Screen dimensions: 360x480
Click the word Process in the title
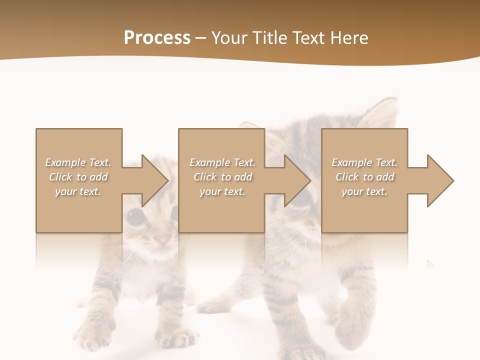click(x=157, y=38)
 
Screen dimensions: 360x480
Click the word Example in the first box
click(x=65, y=162)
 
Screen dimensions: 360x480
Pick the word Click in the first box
click(x=60, y=177)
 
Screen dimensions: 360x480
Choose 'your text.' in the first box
click(x=78, y=191)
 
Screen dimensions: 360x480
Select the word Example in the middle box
click(x=209, y=162)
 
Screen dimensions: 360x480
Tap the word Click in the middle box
click(x=205, y=177)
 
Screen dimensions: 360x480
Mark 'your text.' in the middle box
click(x=222, y=191)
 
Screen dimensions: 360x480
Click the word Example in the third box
click(x=351, y=162)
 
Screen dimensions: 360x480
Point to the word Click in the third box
click(x=347, y=177)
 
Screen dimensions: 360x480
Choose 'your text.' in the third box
click(x=364, y=191)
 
